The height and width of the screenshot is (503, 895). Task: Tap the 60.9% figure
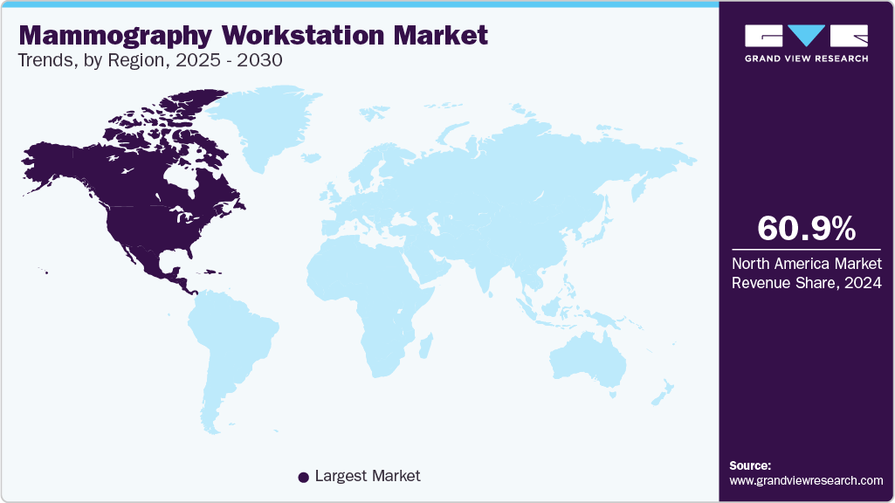tap(806, 229)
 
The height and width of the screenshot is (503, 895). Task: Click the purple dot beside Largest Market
tap(303, 477)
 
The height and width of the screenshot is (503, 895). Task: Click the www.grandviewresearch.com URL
tap(806, 480)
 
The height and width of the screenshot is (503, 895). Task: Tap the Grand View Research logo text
tap(806, 59)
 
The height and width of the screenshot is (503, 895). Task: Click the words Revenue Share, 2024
tap(806, 283)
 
